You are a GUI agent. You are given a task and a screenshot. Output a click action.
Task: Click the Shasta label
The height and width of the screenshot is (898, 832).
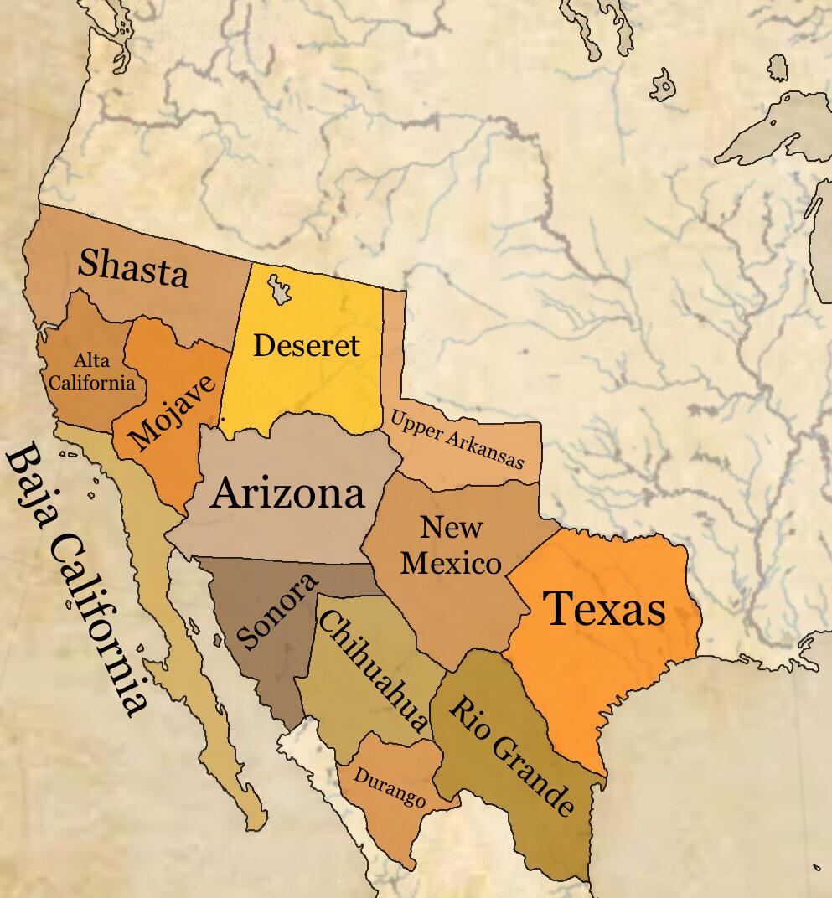(132, 268)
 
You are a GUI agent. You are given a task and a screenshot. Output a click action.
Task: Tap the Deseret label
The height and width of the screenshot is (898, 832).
(306, 344)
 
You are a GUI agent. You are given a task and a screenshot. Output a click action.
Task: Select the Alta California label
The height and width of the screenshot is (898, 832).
(91, 372)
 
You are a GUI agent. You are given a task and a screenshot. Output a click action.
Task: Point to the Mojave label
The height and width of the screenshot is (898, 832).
(173, 412)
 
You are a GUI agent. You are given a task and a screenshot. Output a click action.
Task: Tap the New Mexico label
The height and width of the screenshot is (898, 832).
(451, 545)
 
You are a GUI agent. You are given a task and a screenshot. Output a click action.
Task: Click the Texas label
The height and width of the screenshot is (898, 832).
(604, 608)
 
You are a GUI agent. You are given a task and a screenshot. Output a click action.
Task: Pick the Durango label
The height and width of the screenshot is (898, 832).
(389, 787)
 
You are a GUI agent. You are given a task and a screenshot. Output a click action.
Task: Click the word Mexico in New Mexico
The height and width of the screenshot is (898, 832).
(451, 563)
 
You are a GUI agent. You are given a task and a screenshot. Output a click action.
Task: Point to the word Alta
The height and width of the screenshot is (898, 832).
(91, 361)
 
